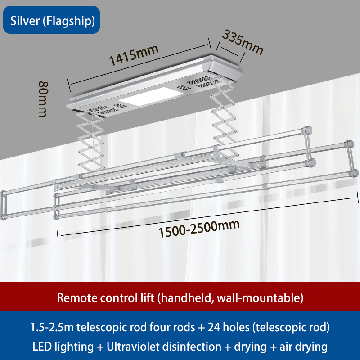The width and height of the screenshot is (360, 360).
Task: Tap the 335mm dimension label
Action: (x=243, y=42)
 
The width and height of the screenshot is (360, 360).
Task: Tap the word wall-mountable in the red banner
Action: (x=261, y=297)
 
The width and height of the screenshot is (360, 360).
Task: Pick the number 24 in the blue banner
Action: (x=213, y=327)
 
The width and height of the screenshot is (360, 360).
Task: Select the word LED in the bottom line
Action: (x=42, y=347)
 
